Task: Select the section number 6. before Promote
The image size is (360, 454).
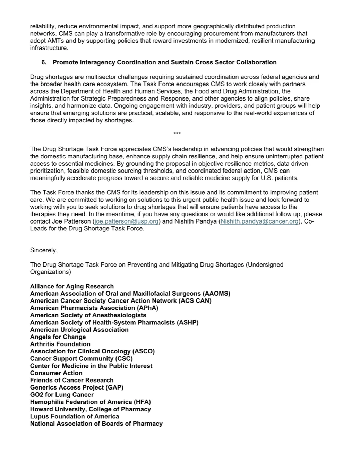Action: coord(44,62)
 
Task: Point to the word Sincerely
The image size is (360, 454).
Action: coord(44,250)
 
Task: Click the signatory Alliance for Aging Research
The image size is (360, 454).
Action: coord(72,286)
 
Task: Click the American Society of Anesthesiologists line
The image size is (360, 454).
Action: coord(88,315)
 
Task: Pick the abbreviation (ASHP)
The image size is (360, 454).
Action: coord(188,323)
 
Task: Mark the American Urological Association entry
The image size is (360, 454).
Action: coord(79,330)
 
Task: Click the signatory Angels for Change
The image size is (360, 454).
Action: coord(58,337)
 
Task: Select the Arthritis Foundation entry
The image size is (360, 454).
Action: coord(60,344)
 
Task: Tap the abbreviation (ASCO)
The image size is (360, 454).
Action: coord(144,351)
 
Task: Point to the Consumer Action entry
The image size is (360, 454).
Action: coord(56,373)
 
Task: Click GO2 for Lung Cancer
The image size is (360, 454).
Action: coord(62,395)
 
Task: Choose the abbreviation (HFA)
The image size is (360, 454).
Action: coord(142,402)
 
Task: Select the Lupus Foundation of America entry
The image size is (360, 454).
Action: coord(75,416)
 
